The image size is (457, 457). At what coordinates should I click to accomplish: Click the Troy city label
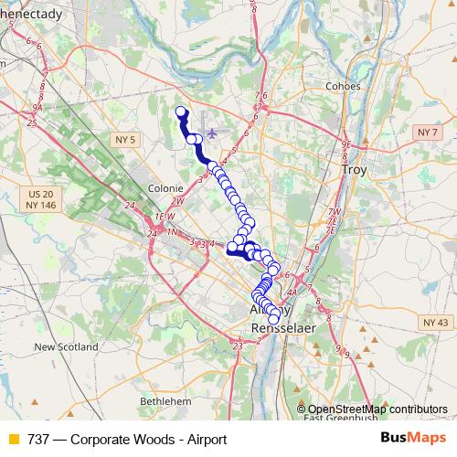[353, 170]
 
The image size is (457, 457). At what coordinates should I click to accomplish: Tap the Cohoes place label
[344, 87]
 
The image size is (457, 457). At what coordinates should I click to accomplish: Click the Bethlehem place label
[165, 401]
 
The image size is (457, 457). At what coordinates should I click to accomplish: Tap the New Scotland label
[66, 347]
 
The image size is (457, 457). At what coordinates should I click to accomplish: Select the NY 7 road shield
[428, 133]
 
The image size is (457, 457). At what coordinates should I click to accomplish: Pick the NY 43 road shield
[433, 323]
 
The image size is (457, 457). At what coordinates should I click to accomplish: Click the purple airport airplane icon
[213, 133]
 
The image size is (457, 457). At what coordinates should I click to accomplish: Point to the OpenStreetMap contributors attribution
[377, 409]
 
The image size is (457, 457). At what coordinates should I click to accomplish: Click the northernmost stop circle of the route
[180, 112]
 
